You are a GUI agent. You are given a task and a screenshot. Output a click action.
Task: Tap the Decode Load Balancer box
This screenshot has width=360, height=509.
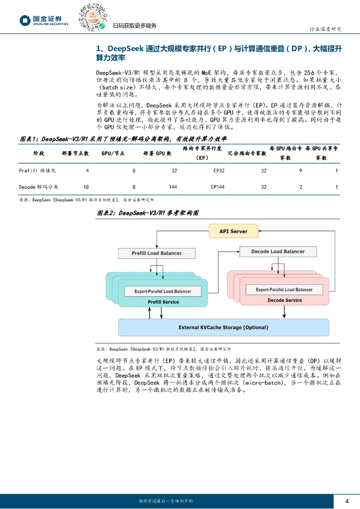(278, 252)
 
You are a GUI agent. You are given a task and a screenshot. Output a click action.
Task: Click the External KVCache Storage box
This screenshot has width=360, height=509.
(223, 328)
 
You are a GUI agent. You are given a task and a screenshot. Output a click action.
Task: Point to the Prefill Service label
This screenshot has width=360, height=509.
(164, 302)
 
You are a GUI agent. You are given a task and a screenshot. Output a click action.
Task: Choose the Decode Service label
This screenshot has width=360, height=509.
(284, 300)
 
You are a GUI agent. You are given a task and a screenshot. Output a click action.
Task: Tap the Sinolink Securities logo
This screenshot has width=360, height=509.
(44, 20)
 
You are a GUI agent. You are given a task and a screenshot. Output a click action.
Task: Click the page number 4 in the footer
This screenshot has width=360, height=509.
(347, 500)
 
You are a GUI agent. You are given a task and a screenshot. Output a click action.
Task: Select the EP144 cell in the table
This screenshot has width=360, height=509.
(218, 187)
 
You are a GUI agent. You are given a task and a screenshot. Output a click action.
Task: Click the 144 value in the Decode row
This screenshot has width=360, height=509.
(173, 187)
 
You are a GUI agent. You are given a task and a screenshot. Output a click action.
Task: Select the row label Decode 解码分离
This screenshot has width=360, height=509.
(39, 187)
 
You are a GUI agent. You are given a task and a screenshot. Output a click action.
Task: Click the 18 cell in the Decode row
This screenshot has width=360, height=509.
(86, 187)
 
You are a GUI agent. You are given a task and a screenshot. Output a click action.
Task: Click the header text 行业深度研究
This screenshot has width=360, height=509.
(326, 29)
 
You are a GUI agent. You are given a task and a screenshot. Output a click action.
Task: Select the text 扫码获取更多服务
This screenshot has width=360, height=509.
(134, 26)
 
